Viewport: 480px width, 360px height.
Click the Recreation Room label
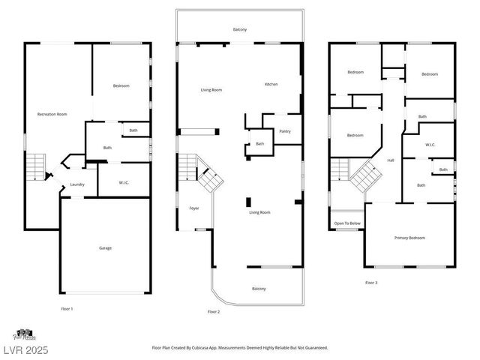click(x=52, y=114)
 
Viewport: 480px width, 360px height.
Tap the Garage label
click(x=105, y=247)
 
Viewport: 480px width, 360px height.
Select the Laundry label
click(x=77, y=184)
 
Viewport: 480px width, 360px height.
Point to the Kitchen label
click(x=271, y=84)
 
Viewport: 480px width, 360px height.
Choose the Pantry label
click(x=284, y=131)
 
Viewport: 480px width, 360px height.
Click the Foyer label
click(x=194, y=207)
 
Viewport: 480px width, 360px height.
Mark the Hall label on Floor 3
click(x=390, y=160)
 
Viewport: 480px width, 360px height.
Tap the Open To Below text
click(x=346, y=223)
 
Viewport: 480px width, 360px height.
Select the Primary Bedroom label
click(x=409, y=238)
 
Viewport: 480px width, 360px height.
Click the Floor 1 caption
click(x=67, y=308)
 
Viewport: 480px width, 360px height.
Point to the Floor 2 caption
click(x=214, y=311)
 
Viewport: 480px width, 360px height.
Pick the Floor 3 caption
click(x=371, y=283)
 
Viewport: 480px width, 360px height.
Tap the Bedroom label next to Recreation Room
click(x=121, y=85)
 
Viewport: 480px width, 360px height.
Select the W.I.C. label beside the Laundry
click(x=124, y=182)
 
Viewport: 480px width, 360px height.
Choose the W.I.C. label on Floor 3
click(x=430, y=145)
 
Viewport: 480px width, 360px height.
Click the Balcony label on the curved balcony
click(x=258, y=289)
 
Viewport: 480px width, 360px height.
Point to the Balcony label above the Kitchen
click(x=239, y=29)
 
